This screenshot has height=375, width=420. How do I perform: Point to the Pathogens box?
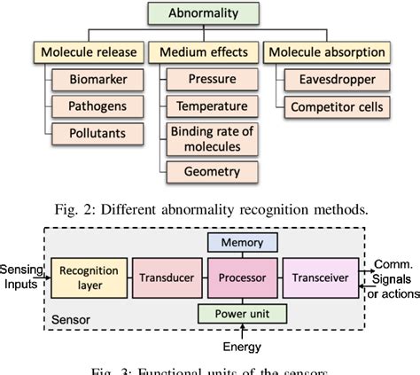(x=105, y=107)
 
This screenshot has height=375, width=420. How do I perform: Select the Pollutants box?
(x=105, y=133)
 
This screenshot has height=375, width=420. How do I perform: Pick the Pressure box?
(x=211, y=80)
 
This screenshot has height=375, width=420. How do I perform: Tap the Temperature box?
(x=211, y=105)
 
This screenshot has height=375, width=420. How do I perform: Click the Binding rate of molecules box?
(x=211, y=137)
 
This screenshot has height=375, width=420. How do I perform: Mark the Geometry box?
(x=211, y=170)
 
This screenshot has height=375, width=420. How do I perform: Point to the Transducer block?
(x=167, y=277)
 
